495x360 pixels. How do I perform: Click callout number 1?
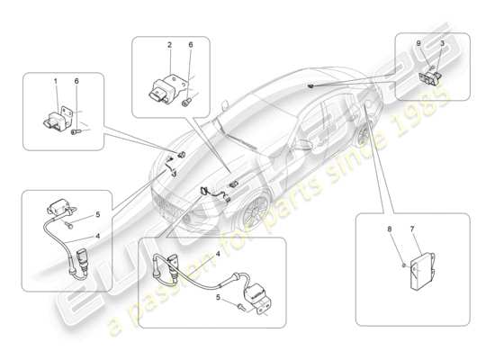click(x=56, y=83)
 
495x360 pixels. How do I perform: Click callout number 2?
click(x=167, y=45)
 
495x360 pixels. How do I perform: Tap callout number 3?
click(x=442, y=44)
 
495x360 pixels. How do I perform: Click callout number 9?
click(x=418, y=44)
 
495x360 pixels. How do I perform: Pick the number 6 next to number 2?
click(x=190, y=45)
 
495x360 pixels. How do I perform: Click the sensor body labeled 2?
click(x=166, y=88)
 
